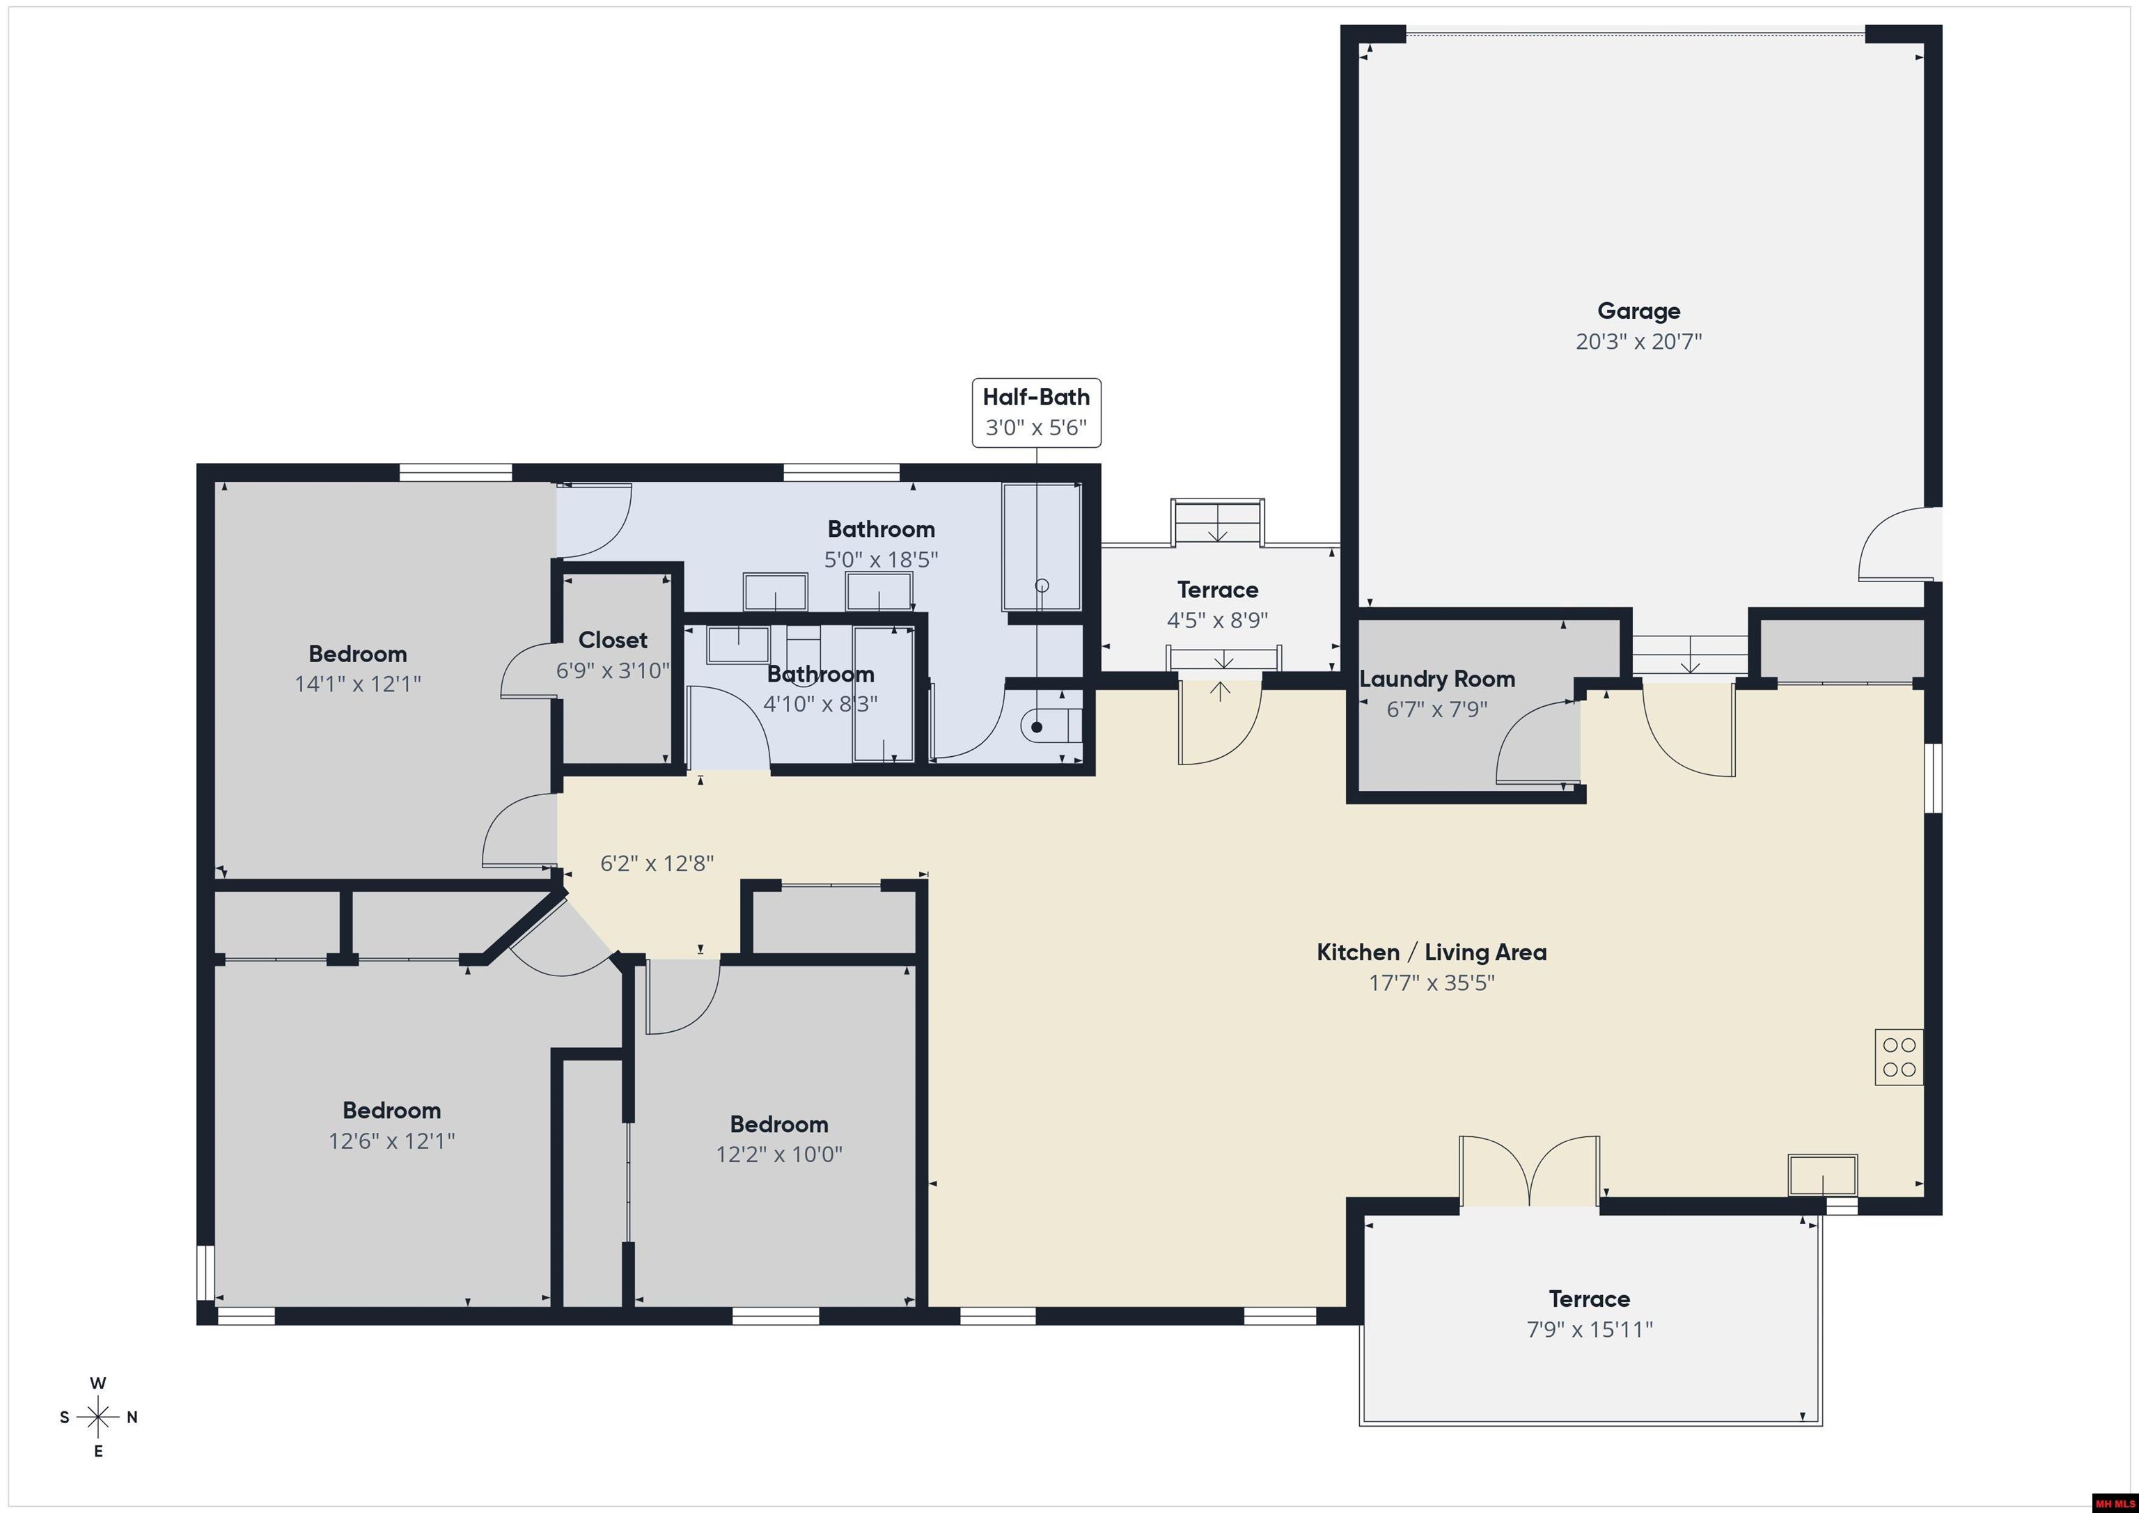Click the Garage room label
point(1639,311)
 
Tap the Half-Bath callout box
point(1036,413)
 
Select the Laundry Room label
point(1436,679)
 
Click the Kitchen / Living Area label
point(1431,952)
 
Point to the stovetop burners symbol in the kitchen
point(1899,1056)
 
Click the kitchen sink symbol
point(1822,1174)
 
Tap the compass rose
point(97,1417)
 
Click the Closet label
point(612,640)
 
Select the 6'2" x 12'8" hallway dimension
point(657,863)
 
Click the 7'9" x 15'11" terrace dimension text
point(1590,1329)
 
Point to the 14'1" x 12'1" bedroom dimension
point(358,684)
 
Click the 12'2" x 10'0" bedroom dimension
point(779,1154)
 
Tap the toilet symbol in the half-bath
point(1052,726)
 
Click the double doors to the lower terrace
point(1530,1171)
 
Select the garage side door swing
point(1897,544)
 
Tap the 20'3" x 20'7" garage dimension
point(1639,341)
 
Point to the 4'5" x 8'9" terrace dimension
point(1218,620)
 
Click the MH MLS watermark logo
point(2114,1503)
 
